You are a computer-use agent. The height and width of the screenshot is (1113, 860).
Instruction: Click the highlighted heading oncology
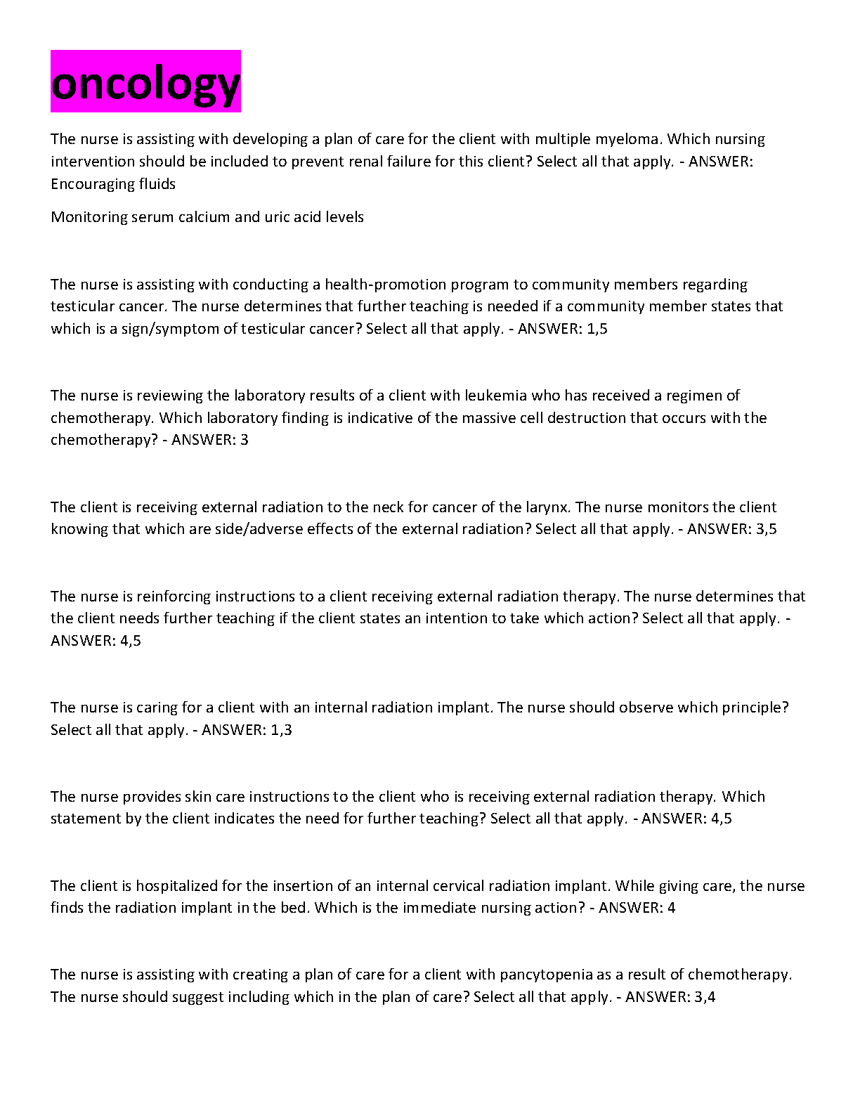tap(145, 83)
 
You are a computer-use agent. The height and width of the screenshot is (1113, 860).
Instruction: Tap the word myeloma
tap(632, 139)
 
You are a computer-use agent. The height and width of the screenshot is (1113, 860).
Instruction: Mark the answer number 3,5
tap(767, 529)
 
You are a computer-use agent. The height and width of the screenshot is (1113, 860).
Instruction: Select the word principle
tap(753, 708)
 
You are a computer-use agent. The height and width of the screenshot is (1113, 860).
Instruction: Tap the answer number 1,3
tap(281, 730)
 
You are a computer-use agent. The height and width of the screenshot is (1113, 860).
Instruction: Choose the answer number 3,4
tap(705, 997)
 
